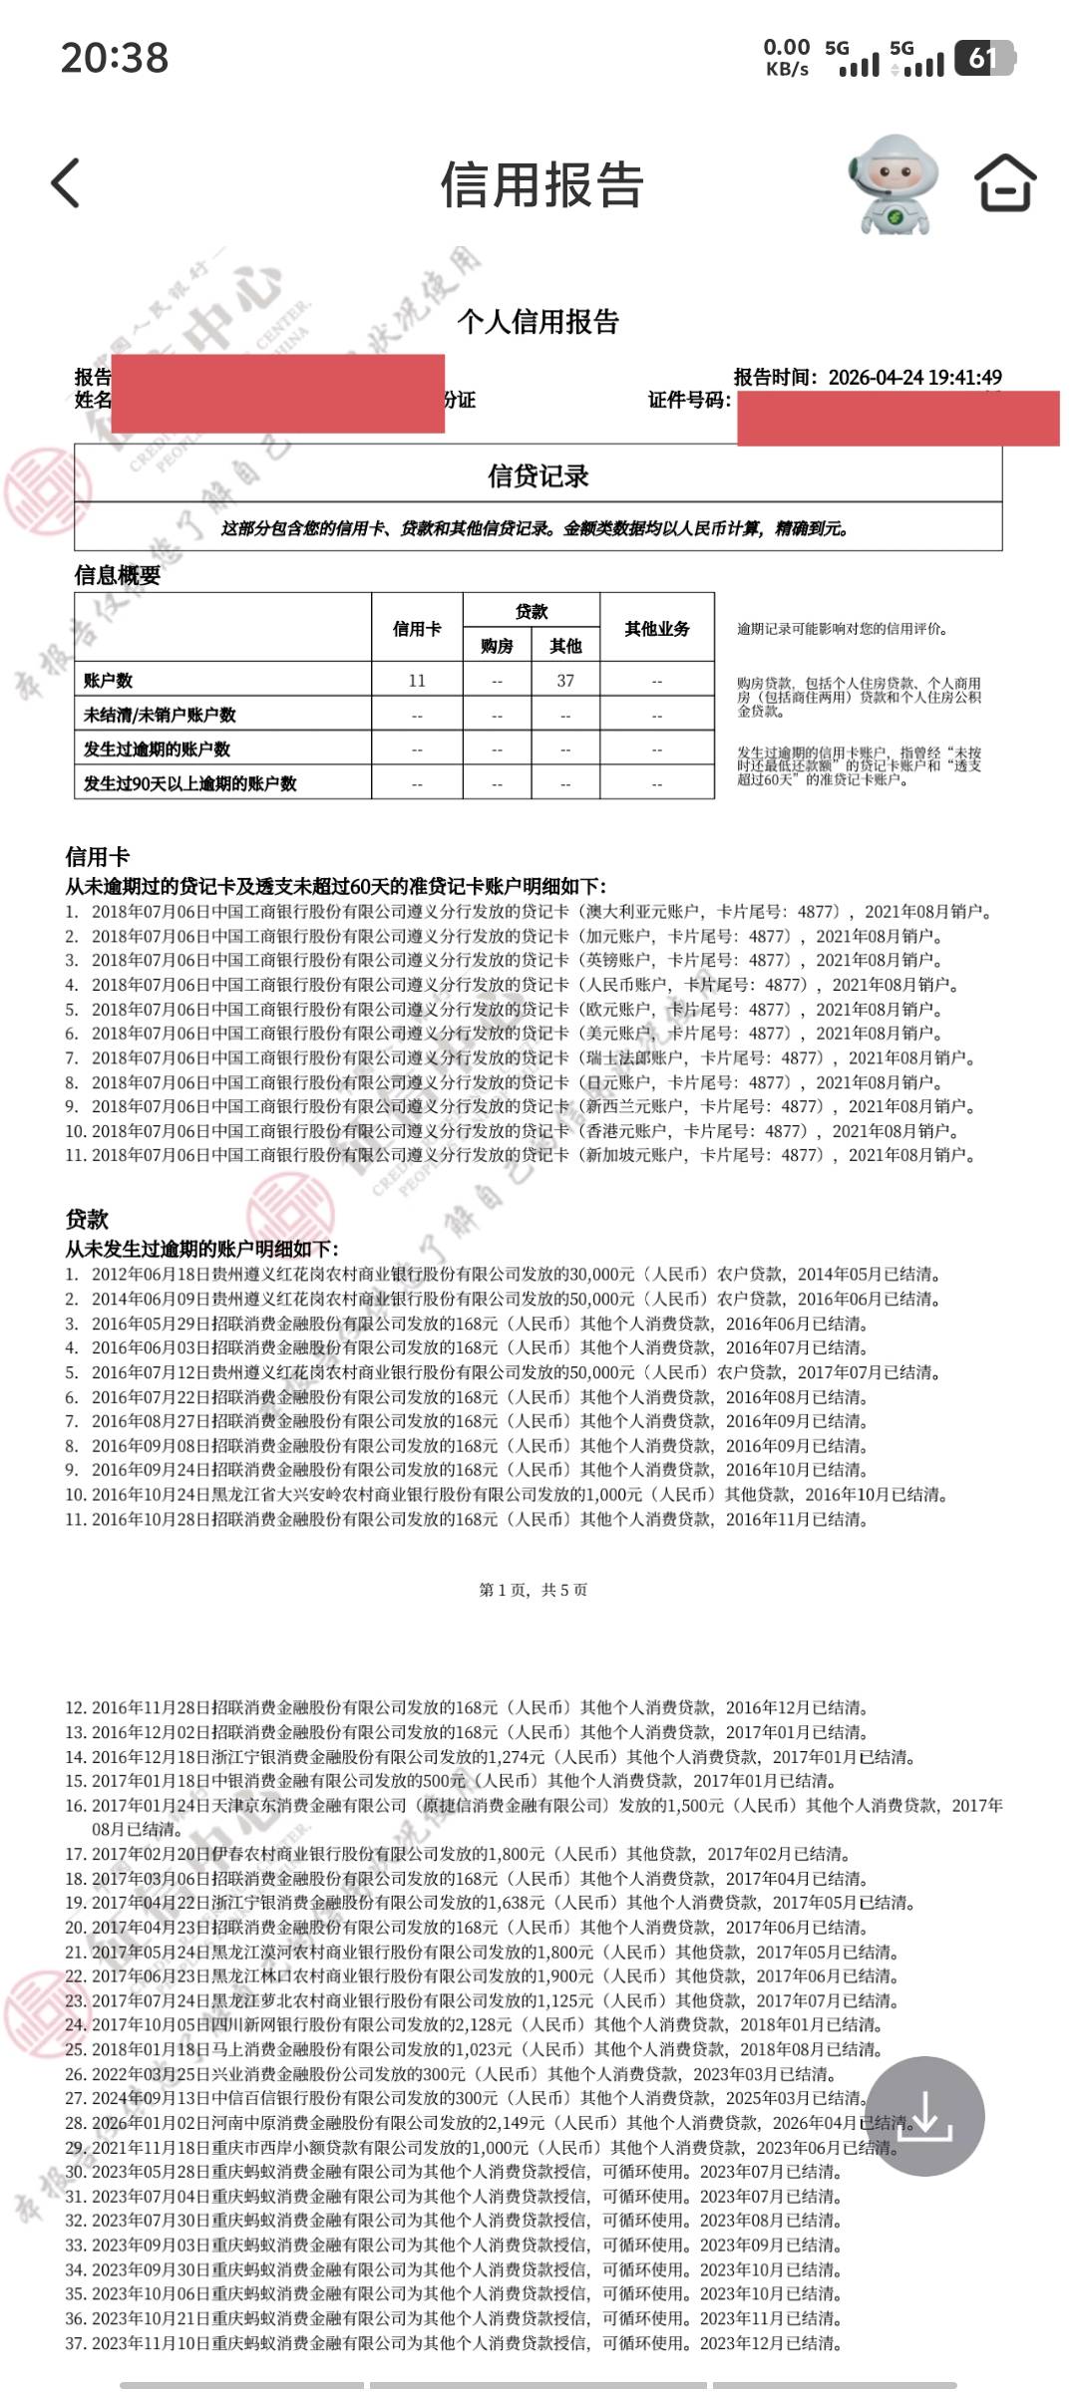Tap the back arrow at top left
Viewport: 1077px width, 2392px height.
point(66,183)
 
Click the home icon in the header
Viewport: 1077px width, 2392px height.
point(1004,183)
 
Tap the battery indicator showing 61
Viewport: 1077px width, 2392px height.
point(983,59)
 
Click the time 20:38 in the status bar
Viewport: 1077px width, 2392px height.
point(115,57)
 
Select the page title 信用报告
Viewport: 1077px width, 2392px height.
point(541,185)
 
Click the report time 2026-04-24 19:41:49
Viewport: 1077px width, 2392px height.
point(914,377)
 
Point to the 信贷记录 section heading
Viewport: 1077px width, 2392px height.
point(538,476)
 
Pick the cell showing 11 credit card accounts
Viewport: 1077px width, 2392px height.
point(417,681)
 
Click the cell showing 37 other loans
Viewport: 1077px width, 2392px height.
point(565,681)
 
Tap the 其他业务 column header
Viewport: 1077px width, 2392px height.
point(656,629)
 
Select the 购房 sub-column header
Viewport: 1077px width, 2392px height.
point(497,646)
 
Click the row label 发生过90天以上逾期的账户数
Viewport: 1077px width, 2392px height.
point(189,783)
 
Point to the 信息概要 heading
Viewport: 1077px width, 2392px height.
point(117,575)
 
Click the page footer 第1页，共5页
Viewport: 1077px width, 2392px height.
point(534,1590)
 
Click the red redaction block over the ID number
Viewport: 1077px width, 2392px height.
point(897,419)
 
